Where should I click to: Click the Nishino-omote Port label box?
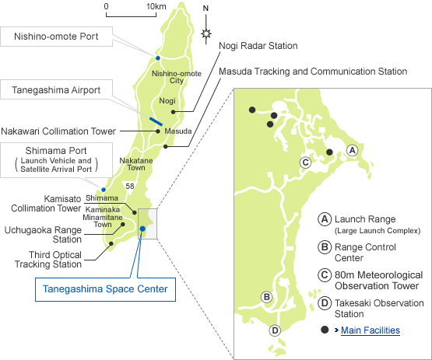click(x=56, y=37)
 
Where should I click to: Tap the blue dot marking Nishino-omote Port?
click(x=158, y=58)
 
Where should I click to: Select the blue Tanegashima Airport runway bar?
click(x=156, y=121)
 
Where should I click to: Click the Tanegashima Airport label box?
click(x=56, y=89)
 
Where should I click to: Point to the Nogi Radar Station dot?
click(x=174, y=112)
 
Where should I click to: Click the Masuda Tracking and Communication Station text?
click(x=313, y=72)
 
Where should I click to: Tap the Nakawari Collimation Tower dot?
click(x=158, y=131)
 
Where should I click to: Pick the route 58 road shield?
click(x=130, y=187)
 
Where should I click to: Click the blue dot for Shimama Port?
click(x=104, y=190)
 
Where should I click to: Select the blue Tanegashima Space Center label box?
click(x=106, y=289)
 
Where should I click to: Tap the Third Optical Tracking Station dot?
click(x=111, y=243)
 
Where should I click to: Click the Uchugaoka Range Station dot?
click(x=123, y=224)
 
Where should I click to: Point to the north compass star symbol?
click(x=206, y=34)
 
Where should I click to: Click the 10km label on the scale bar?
click(x=156, y=6)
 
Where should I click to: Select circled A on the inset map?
click(x=352, y=150)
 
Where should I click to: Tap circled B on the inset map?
click(x=267, y=297)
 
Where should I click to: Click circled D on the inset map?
click(x=275, y=330)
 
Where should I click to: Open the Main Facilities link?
click(x=371, y=330)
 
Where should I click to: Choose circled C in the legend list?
click(x=325, y=275)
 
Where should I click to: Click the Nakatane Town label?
click(x=136, y=164)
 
